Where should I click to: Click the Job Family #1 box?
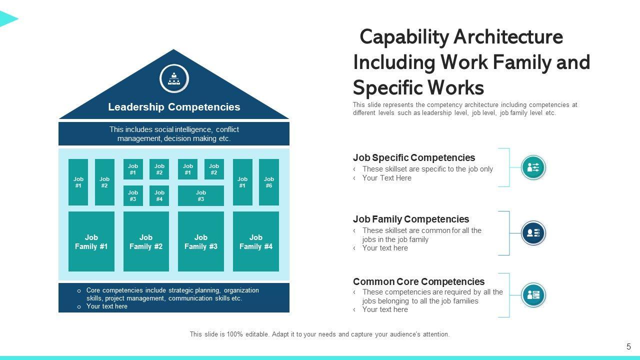(91, 241)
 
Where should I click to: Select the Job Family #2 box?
(146, 241)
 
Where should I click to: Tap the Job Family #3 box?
(201, 241)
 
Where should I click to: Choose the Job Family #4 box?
(256, 241)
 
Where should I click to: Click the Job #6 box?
(269, 182)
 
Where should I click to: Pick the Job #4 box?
(159, 195)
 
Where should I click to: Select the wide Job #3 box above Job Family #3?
(201, 195)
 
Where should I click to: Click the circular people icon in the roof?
(174, 78)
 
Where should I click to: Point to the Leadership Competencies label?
(174, 107)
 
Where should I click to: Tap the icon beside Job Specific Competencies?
(533, 167)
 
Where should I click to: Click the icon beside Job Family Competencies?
(533, 233)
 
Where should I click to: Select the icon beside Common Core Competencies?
(533, 295)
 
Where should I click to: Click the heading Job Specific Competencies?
(414, 158)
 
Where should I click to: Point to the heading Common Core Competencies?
(418, 281)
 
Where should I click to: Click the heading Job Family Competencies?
(411, 219)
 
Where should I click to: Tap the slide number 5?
(628, 346)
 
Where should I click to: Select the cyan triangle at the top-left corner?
(7, 19)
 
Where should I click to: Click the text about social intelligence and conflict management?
(174, 134)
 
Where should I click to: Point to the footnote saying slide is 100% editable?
(319, 334)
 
